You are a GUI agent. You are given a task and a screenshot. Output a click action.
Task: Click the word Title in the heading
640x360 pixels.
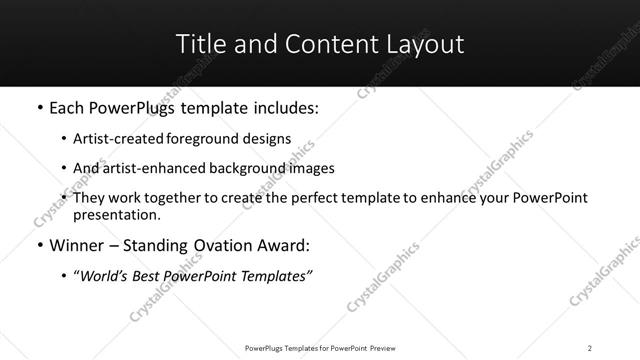(199, 44)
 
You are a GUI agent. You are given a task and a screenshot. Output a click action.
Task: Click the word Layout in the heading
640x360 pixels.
(427, 44)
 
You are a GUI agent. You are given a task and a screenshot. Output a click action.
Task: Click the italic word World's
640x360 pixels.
(103, 277)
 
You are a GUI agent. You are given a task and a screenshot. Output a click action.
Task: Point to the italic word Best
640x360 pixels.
(150, 277)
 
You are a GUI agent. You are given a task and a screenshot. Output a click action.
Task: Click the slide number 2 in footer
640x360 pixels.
(589, 348)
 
